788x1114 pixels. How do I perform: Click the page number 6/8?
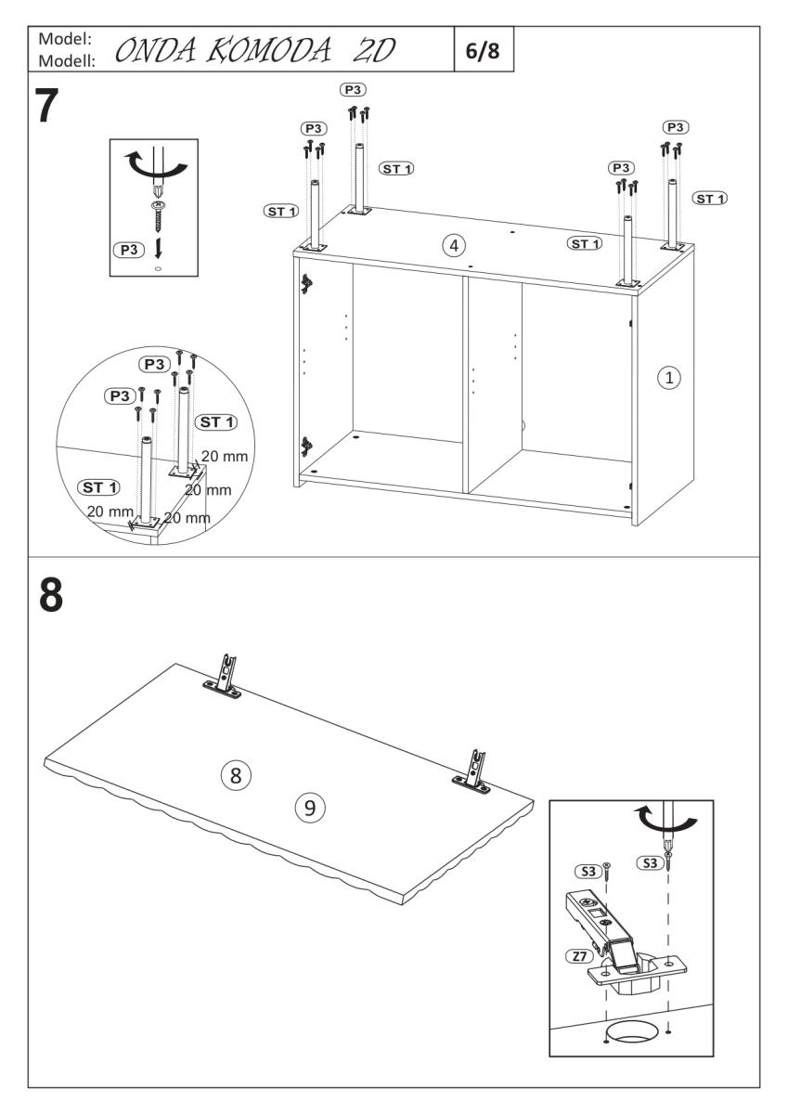coord(481,51)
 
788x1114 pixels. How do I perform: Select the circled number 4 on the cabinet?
coord(453,245)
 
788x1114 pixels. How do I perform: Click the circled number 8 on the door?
coord(236,773)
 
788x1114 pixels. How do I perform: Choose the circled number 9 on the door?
coord(310,807)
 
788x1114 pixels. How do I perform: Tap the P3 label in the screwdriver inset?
coord(128,249)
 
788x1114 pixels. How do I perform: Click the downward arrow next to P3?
coord(159,248)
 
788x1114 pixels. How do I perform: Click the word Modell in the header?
coord(62,62)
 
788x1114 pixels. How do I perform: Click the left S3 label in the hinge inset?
coord(588,872)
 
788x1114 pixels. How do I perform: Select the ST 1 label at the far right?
coord(711,198)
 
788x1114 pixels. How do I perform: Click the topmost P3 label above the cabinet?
coord(353,90)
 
